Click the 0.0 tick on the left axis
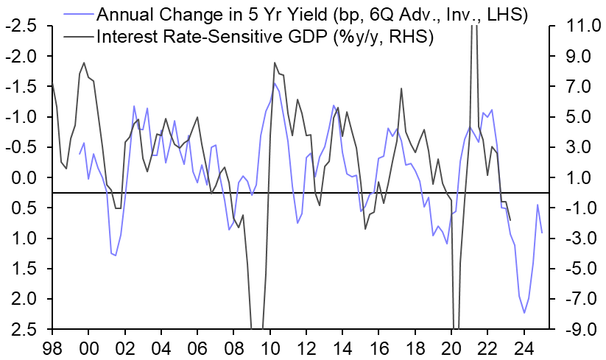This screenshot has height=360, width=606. [23, 177]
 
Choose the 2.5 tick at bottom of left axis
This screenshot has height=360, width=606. [23, 329]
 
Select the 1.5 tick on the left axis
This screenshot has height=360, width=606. [23, 269]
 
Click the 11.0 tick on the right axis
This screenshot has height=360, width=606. [578, 26]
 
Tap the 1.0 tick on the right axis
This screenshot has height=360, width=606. [578, 177]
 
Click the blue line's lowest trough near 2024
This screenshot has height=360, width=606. [524, 313]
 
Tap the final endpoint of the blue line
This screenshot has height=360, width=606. [542, 233]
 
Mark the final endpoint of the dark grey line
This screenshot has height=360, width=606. [510, 219]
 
